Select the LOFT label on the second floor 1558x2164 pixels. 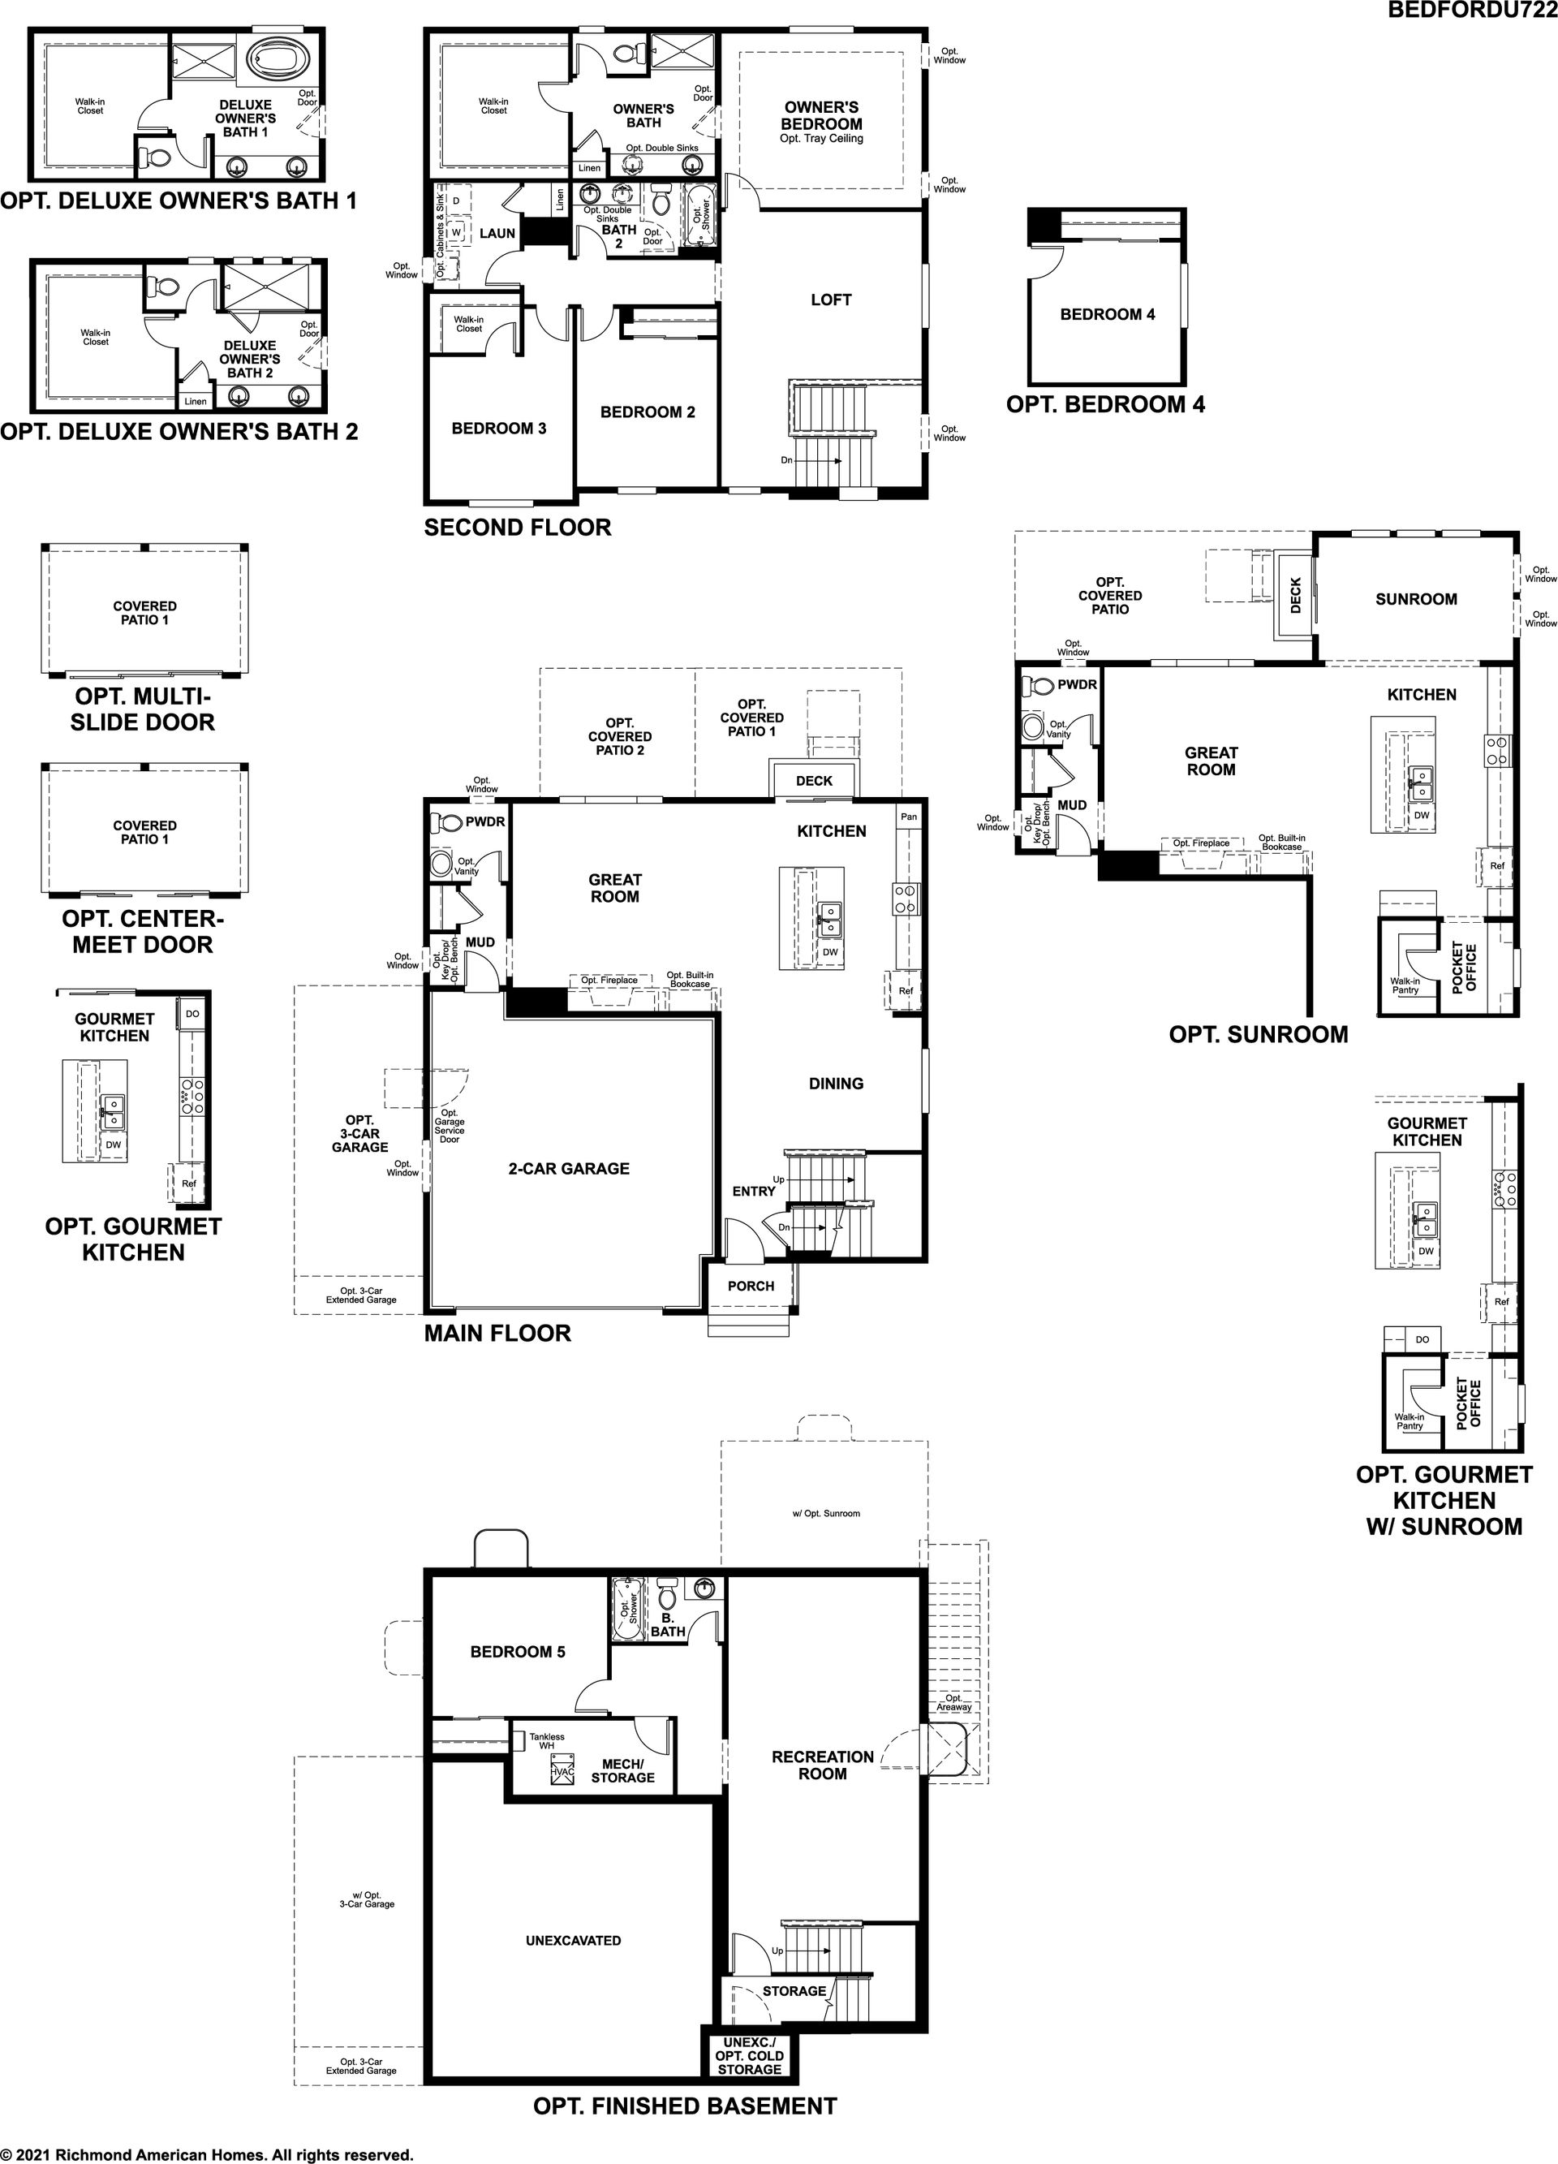click(830, 300)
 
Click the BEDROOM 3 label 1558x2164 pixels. click(499, 429)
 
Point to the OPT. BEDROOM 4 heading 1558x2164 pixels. click(1105, 404)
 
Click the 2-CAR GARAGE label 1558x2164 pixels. click(569, 1169)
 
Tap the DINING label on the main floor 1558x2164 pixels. click(836, 1084)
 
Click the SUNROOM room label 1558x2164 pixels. click(1416, 599)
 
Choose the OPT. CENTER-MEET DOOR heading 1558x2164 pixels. click(142, 932)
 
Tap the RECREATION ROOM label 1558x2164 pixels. click(822, 1765)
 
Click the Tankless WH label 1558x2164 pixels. click(547, 1741)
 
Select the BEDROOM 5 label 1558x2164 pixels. click(518, 1652)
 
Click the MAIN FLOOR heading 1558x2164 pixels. click(497, 1334)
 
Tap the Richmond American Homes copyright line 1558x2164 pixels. click(207, 2154)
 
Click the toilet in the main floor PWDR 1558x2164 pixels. click(446, 822)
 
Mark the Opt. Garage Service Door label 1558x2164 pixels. click(450, 1126)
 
